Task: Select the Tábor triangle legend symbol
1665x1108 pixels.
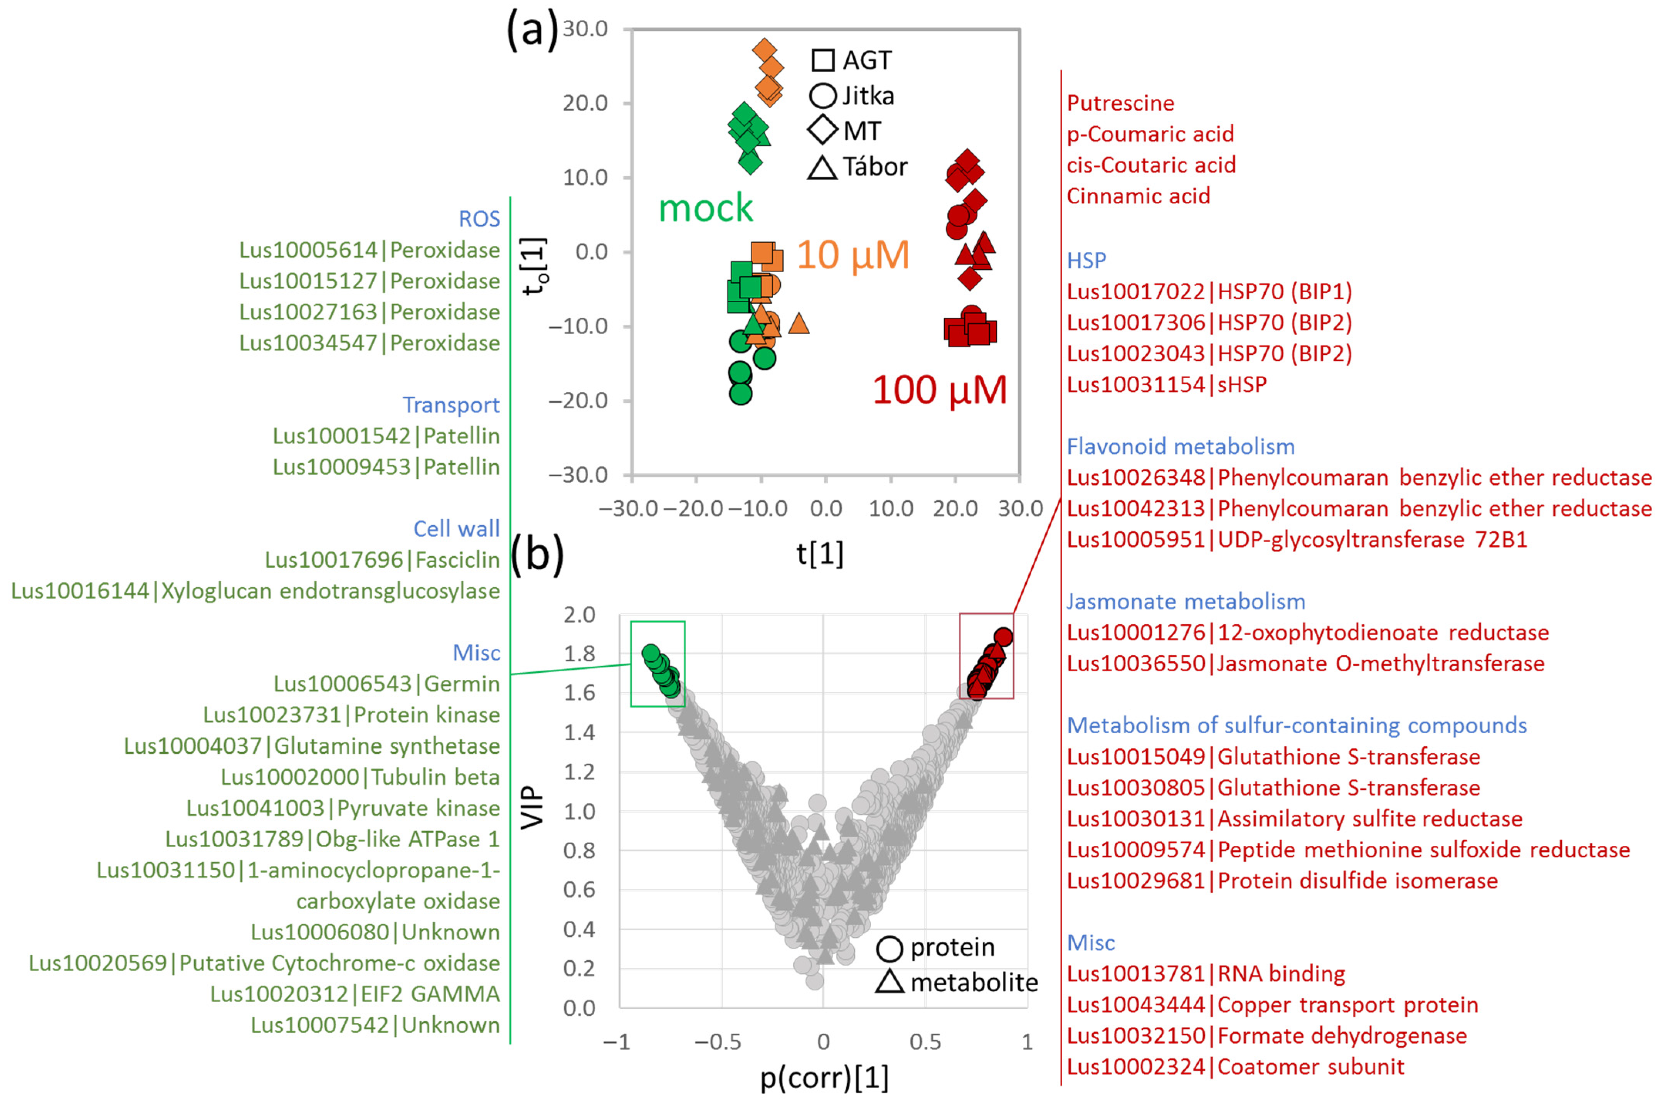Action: click(x=822, y=168)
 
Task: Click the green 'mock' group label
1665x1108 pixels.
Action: click(x=706, y=208)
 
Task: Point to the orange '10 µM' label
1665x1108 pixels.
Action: click(x=853, y=255)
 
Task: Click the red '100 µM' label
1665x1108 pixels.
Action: click(x=939, y=389)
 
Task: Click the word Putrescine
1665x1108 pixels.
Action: click(x=1120, y=103)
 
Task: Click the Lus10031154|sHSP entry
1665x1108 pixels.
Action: click(x=1167, y=384)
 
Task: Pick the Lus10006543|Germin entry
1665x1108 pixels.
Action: click(x=386, y=684)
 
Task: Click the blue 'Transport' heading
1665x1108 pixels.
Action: click(x=451, y=405)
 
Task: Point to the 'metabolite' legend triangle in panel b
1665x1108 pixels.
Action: click(x=890, y=982)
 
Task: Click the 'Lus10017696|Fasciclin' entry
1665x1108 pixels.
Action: click(x=382, y=560)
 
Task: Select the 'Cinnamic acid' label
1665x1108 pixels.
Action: click(x=1138, y=196)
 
